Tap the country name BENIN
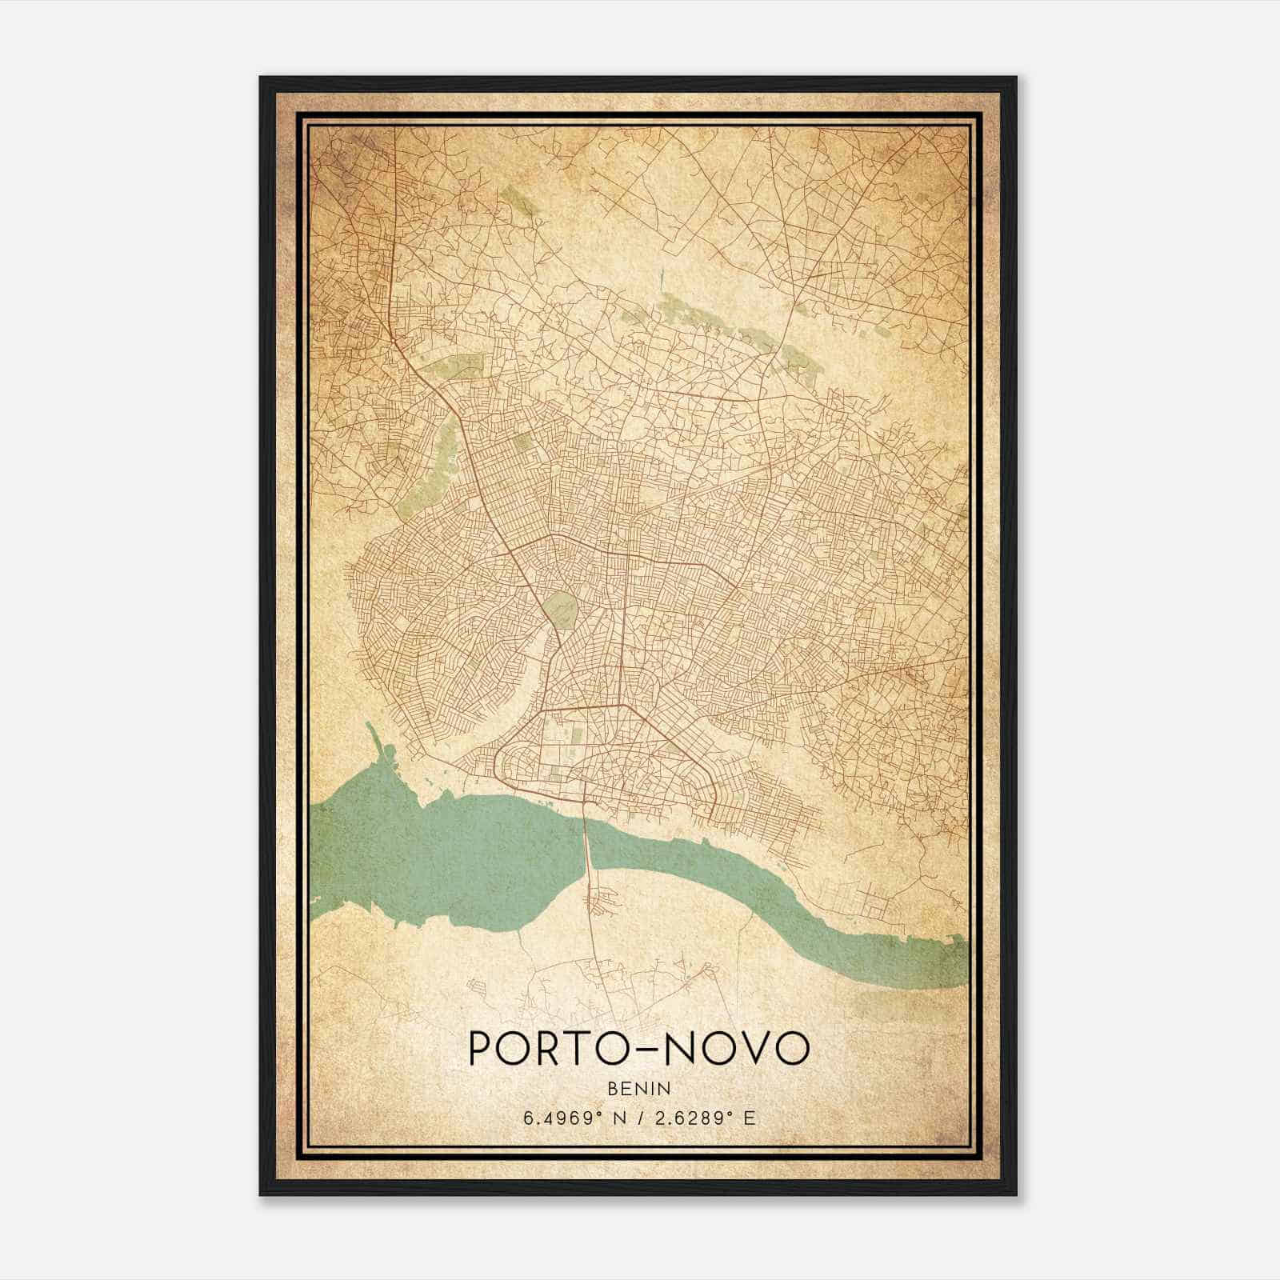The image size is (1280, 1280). click(x=639, y=1088)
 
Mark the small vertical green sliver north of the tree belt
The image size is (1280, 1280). click(x=663, y=281)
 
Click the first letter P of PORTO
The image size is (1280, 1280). click(x=480, y=1047)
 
